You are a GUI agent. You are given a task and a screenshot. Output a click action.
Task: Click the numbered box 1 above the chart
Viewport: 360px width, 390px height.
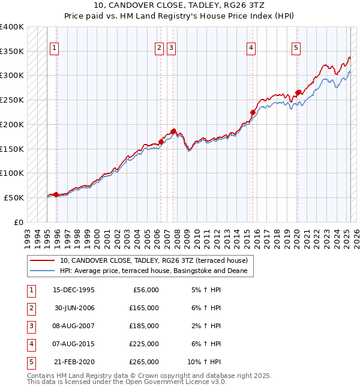click(x=54, y=49)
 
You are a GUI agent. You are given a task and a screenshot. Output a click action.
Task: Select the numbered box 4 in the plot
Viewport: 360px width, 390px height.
click(x=251, y=49)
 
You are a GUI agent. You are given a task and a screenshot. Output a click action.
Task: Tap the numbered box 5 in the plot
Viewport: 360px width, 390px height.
click(x=296, y=49)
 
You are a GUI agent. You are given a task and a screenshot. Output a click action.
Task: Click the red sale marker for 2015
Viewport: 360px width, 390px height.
click(x=253, y=112)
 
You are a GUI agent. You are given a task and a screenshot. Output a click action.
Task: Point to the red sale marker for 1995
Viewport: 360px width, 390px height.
click(x=56, y=194)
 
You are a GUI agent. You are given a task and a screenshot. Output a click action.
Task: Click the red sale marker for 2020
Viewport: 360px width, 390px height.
click(x=298, y=92)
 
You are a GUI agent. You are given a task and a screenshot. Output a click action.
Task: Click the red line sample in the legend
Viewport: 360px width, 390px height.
click(x=42, y=260)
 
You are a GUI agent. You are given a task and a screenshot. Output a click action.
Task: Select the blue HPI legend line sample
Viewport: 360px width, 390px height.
click(x=42, y=271)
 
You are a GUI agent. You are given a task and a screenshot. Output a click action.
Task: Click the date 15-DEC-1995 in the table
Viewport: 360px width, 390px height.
click(x=74, y=290)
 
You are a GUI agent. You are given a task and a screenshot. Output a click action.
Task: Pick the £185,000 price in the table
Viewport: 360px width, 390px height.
click(x=144, y=326)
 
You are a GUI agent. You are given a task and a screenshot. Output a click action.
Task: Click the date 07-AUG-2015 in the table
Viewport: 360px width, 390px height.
click(x=74, y=344)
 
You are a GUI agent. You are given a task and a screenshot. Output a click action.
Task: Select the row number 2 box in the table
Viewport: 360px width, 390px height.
click(x=30, y=308)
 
